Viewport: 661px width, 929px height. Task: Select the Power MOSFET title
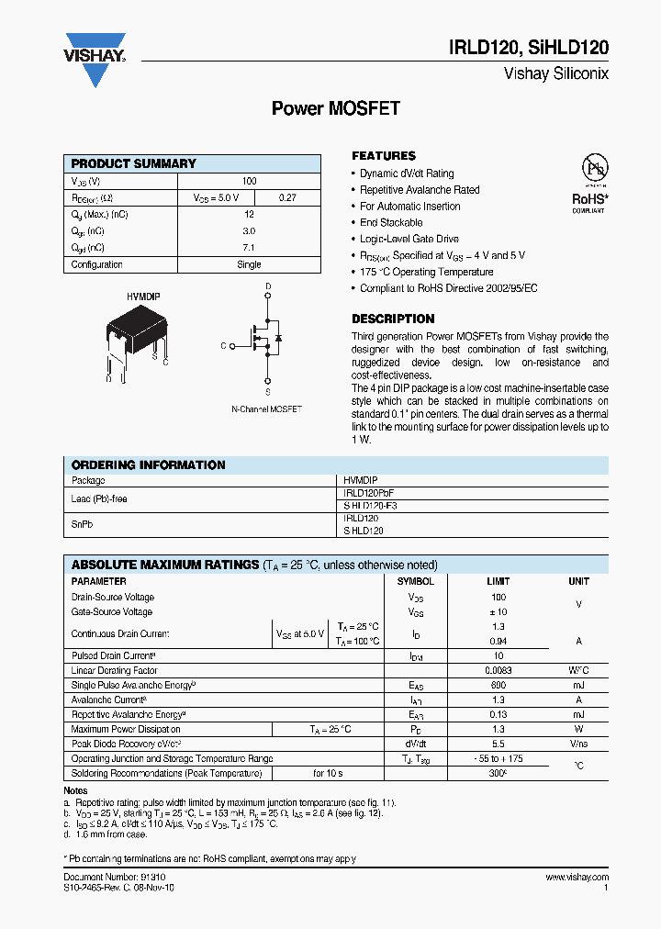(x=336, y=108)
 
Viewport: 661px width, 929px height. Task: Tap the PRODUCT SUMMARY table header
(x=134, y=163)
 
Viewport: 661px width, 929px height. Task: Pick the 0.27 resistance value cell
(x=287, y=197)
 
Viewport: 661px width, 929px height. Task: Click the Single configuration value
(x=249, y=264)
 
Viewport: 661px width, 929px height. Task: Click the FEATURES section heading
(x=384, y=156)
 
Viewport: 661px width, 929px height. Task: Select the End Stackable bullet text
(x=391, y=222)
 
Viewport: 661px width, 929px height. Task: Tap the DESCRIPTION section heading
(x=393, y=319)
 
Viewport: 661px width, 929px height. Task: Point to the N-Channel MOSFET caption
(x=266, y=409)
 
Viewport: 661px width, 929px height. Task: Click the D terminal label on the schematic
(x=268, y=287)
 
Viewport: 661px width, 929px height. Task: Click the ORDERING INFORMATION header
(x=148, y=465)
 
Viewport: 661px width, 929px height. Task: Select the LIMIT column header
(x=497, y=581)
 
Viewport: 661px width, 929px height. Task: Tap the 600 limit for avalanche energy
(x=497, y=685)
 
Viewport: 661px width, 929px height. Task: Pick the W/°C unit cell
(x=578, y=670)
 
